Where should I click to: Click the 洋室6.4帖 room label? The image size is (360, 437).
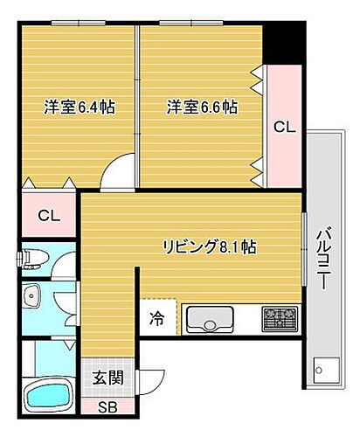click(x=80, y=108)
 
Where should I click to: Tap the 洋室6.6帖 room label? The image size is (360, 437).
click(x=203, y=108)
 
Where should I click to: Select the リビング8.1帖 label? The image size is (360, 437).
click(x=209, y=246)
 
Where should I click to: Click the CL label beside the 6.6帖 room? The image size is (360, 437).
click(x=285, y=127)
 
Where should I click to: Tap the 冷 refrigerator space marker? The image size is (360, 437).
click(x=155, y=319)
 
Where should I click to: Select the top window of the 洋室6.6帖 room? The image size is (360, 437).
click(x=200, y=22)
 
